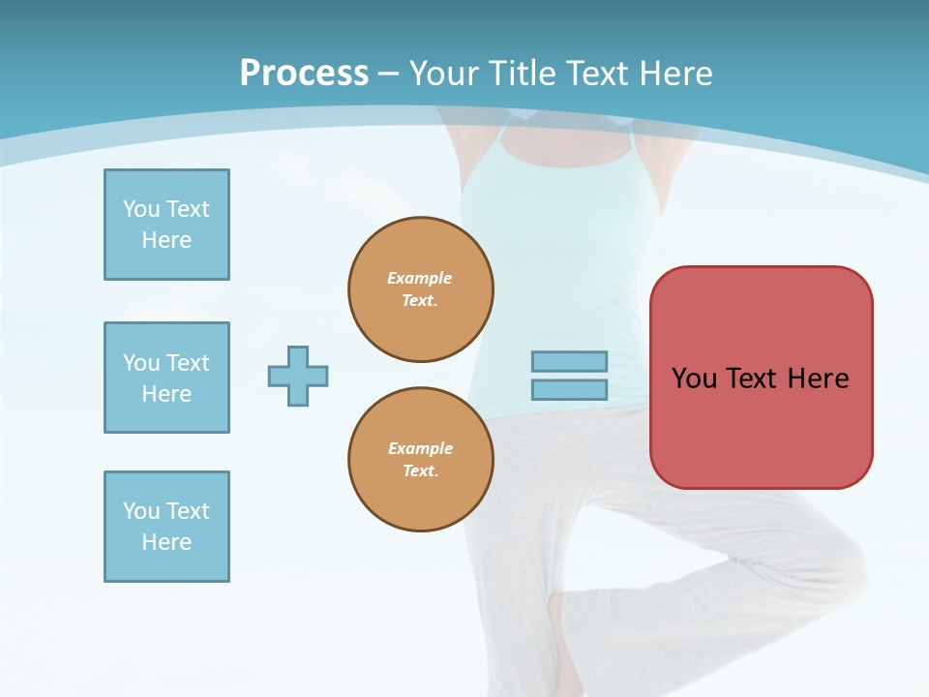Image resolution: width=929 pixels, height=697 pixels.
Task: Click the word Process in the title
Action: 304,74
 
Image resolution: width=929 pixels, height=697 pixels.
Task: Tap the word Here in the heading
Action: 677,74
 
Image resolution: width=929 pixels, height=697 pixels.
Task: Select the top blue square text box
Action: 166,225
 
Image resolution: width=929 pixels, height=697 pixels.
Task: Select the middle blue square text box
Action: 166,378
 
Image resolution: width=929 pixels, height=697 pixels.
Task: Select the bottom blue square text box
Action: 166,527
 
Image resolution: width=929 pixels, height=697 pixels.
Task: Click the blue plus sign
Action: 298,376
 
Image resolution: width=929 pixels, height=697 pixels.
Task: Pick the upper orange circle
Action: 421,289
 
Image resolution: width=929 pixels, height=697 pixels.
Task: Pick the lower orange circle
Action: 421,460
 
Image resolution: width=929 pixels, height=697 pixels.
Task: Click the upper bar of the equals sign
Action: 569,361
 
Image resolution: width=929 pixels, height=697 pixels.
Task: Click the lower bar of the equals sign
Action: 569,389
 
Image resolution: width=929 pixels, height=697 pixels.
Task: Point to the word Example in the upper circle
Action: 419,278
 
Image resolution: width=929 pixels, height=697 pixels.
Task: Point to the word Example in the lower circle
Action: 420,448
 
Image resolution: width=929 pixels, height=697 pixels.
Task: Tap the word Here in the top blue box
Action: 166,240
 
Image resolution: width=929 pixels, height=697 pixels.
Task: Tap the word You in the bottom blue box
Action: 141,511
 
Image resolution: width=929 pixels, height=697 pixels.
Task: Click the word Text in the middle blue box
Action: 187,363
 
